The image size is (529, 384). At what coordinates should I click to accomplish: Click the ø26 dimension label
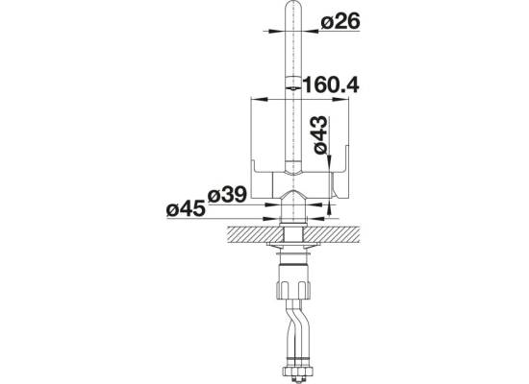tap(340, 22)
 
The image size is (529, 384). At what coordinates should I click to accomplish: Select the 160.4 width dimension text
tap(331, 84)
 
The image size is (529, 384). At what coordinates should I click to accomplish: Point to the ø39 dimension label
tap(227, 195)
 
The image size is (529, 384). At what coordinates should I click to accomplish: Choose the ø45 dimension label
tap(186, 209)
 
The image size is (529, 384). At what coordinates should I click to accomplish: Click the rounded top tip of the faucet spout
tap(293, 4)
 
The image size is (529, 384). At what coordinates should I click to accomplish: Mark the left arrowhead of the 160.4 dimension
tap(260, 100)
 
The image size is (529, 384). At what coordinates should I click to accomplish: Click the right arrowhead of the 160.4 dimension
tap(340, 100)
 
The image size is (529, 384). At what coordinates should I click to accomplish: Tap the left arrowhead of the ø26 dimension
tap(278, 32)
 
